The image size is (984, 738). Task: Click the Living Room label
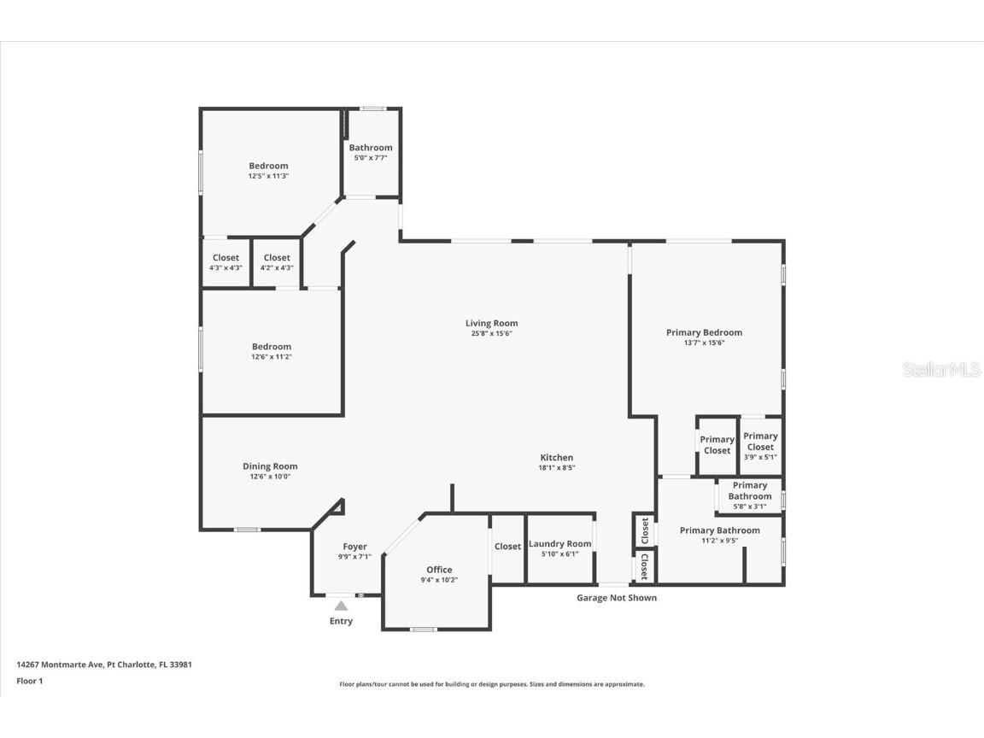(491, 323)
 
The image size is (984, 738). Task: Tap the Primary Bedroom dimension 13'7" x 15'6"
(704, 343)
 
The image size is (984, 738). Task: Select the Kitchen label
(556, 458)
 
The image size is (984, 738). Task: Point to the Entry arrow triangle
(341, 606)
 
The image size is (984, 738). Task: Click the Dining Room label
(270, 466)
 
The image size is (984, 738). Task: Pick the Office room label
(439, 570)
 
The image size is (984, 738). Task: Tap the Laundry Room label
(559, 544)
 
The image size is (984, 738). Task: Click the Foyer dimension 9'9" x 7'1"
(354, 557)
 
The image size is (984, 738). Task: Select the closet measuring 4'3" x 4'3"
(225, 262)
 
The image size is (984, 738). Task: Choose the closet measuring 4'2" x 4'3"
(277, 262)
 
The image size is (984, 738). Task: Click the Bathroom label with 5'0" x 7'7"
(371, 148)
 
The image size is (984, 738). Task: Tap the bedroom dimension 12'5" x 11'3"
(268, 176)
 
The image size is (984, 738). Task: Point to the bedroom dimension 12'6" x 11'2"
(272, 357)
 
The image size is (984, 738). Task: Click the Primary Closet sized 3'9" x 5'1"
(760, 446)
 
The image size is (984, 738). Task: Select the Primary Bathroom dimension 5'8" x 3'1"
(749, 507)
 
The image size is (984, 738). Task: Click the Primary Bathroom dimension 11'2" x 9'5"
(719, 540)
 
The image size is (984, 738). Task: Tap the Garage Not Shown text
(617, 598)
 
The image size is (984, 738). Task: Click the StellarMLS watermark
(942, 370)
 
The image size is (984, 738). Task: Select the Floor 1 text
(30, 681)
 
